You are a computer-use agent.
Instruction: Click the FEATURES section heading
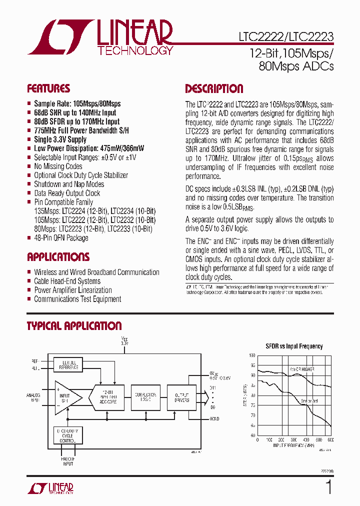coord(48,89)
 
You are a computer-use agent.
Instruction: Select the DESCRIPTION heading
coord(214,89)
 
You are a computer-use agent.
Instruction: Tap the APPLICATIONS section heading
coord(58,257)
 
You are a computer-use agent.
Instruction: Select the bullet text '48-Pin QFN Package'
coord(61,238)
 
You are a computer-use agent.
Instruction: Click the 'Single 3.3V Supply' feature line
coord(60,139)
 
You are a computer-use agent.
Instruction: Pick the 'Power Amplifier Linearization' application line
coord(73,290)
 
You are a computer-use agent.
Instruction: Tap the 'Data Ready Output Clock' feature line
coord(67,193)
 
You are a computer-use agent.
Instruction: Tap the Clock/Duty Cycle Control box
coord(68,435)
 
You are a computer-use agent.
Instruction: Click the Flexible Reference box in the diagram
coord(68,364)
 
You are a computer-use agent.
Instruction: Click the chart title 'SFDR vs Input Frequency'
coord(293,346)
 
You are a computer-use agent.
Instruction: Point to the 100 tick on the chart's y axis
coord(252,355)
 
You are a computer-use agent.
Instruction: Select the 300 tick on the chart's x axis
coord(293,440)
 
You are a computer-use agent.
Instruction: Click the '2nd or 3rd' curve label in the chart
coord(309,401)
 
